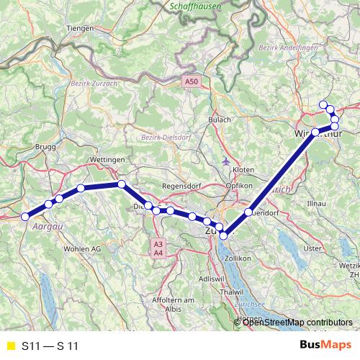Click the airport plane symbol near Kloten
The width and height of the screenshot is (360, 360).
(228, 160)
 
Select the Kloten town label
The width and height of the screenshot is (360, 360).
(244, 169)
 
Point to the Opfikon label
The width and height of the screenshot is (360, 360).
(239, 186)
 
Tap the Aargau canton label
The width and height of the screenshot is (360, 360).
(45, 225)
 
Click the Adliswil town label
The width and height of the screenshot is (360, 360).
(210, 277)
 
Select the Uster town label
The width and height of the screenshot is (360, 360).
(313, 248)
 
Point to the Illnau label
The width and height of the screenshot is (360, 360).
(317, 204)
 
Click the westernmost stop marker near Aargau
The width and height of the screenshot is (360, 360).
(25, 217)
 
